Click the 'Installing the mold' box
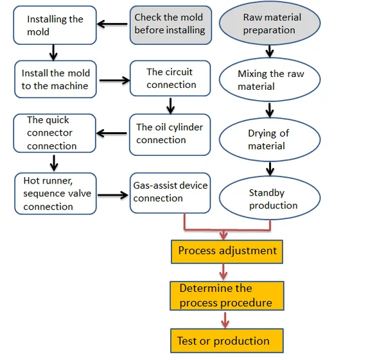(x=55, y=25)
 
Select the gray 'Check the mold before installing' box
(x=171, y=25)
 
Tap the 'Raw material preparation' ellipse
(x=270, y=23)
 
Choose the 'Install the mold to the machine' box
(x=55, y=80)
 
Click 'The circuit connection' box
(x=170, y=78)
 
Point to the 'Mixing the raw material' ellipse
(x=270, y=80)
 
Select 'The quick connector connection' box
(x=55, y=133)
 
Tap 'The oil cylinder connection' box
(x=170, y=135)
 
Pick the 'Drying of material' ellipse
(x=270, y=139)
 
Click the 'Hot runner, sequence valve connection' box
(x=55, y=194)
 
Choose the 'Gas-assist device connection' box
(x=170, y=193)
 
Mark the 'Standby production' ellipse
(x=270, y=198)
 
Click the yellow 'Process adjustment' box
(x=227, y=252)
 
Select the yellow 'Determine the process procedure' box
(x=227, y=296)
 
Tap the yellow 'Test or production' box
(x=227, y=341)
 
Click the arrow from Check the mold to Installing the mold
(x=112, y=24)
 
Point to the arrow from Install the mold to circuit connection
(x=114, y=80)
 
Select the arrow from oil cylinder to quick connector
(x=112, y=133)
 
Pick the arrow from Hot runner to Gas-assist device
(x=113, y=195)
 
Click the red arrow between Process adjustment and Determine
(x=223, y=271)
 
